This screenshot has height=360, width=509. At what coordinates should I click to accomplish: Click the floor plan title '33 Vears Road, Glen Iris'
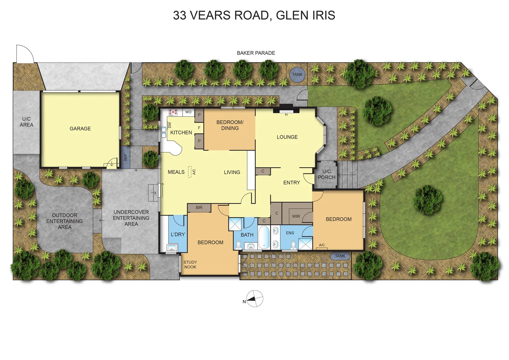click(x=254, y=15)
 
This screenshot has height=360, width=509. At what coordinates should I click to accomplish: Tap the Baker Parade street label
click(x=256, y=53)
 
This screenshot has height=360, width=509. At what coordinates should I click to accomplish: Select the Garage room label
click(x=80, y=129)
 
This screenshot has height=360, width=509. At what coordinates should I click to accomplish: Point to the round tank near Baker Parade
click(x=297, y=75)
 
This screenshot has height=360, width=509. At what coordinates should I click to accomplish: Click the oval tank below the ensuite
click(x=340, y=256)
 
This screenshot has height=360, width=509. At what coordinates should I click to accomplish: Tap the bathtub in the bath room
click(x=264, y=237)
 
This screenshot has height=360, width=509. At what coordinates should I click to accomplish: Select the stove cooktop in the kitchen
click(x=173, y=112)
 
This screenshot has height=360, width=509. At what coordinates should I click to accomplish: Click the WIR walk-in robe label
click(x=296, y=216)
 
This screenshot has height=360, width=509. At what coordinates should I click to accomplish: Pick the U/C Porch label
click(x=326, y=174)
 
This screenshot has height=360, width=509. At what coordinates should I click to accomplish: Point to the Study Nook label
click(x=190, y=265)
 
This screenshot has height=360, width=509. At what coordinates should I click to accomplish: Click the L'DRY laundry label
click(x=178, y=235)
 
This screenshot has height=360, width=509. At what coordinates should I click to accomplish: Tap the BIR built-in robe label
click(x=199, y=208)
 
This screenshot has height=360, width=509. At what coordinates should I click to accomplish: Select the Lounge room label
click(x=287, y=137)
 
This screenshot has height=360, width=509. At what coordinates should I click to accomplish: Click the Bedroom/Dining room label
click(x=230, y=125)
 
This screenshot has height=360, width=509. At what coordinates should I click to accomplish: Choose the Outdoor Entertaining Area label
click(x=65, y=221)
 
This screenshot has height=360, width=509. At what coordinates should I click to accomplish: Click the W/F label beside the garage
click(x=126, y=157)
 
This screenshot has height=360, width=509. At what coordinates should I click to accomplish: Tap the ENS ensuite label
click(x=290, y=233)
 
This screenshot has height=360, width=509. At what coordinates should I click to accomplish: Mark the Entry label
click(x=291, y=183)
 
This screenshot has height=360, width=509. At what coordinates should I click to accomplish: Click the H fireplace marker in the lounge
click(x=286, y=115)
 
